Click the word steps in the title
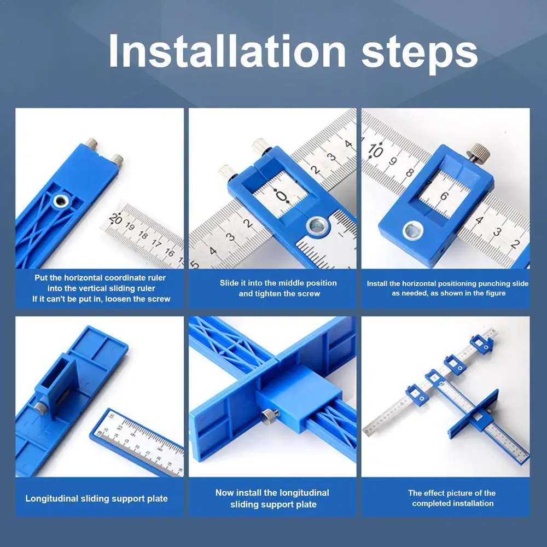[x=420, y=54]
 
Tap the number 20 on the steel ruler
[x=115, y=219]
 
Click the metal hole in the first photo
[x=61, y=201]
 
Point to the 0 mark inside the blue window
[x=282, y=196]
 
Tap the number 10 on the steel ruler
[x=375, y=150]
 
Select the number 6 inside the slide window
[x=444, y=196]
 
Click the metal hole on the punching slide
[x=413, y=231]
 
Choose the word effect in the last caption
[x=434, y=493]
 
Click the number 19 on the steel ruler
[x=130, y=227]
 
